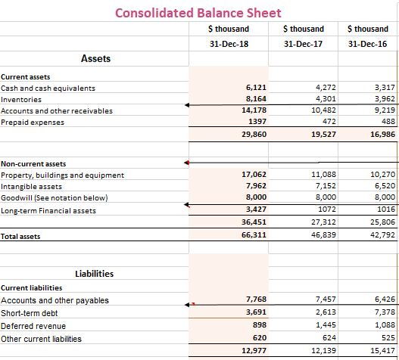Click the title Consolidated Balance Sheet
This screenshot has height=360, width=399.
pos(198,13)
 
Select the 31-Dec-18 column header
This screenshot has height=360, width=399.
pos(228,44)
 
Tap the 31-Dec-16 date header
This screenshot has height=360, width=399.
pos(367,44)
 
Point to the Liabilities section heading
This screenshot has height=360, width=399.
pos(95,273)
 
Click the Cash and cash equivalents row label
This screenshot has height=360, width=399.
pos(48,88)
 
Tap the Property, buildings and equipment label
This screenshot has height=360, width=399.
pos(63,175)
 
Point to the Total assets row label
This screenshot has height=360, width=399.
pos(20,237)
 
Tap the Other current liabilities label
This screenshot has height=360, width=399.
pos(41,339)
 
